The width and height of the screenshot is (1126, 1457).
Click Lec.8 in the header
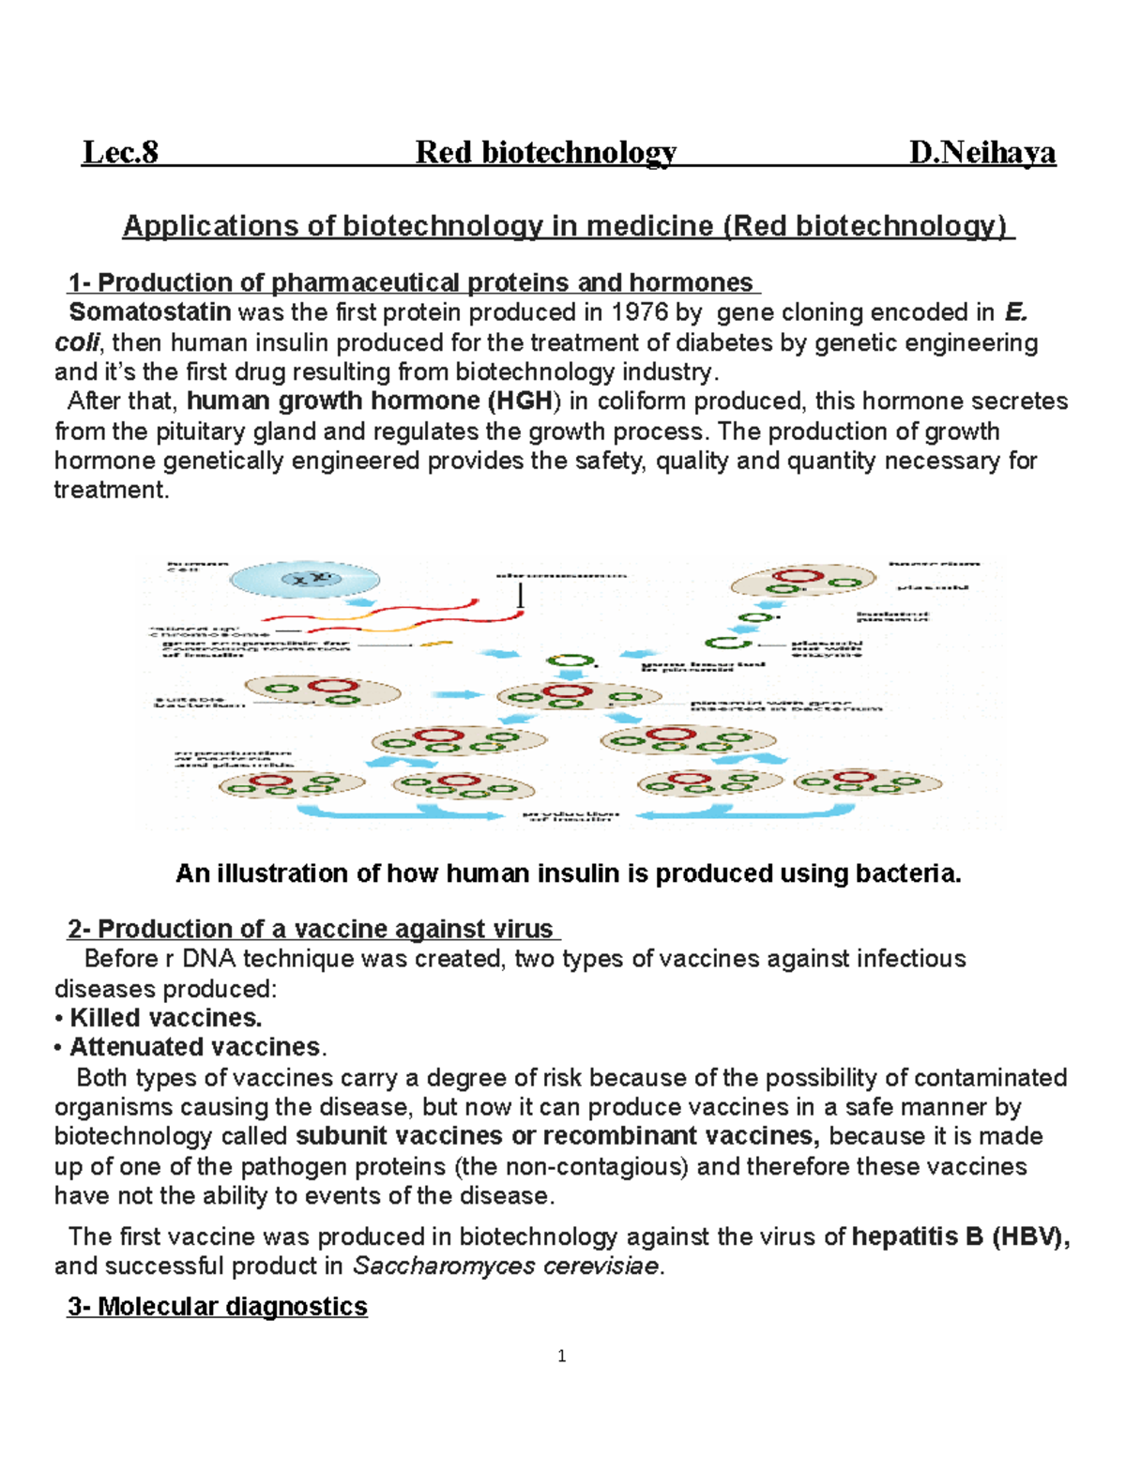(x=120, y=152)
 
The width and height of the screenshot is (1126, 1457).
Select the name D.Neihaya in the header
(x=981, y=152)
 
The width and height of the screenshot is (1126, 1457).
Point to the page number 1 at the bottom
(x=561, y=1356)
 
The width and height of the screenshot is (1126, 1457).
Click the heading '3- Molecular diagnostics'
(x=217, y=1306)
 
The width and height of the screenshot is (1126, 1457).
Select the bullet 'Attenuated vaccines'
(x=195, y=1047)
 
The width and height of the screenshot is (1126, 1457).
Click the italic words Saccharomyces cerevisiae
(x=506, y=1267)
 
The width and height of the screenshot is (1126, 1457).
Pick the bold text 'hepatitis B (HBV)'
(x=959, y=1237)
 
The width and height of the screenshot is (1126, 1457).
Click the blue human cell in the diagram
(x=305, y=580)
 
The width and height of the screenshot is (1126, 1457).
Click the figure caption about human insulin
(x=569, y=873)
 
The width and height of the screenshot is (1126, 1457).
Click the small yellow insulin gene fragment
(x=435, y=644)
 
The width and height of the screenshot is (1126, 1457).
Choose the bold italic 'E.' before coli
(x=1015, y=312)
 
